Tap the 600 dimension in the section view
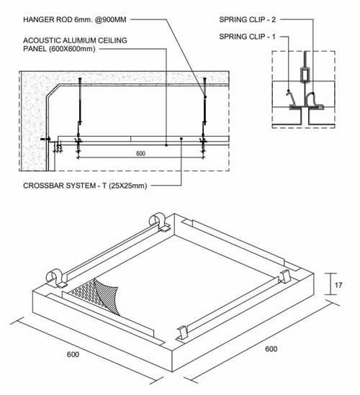(141, 153)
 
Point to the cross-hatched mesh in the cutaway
(109, 295)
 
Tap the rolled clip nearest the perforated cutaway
(55, 278)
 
